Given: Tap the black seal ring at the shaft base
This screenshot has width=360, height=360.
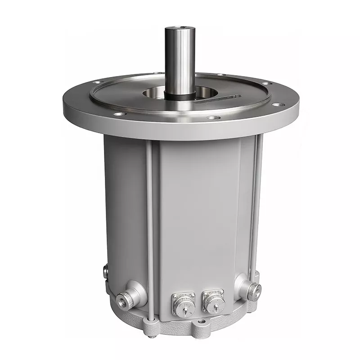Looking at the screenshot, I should (x=180, y=95).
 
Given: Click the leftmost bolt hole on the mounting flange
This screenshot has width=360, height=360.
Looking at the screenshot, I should (x=97, y=83).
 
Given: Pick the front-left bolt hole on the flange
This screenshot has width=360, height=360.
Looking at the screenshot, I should (x=119, y=114).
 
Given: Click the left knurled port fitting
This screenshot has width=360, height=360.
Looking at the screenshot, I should (x=125, y=300).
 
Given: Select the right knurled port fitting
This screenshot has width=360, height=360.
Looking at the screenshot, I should (x=255, y=292).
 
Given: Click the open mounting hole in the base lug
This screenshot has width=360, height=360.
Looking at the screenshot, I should (x=201, y=323).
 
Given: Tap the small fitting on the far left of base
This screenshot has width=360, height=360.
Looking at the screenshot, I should (x=105, y=271).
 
